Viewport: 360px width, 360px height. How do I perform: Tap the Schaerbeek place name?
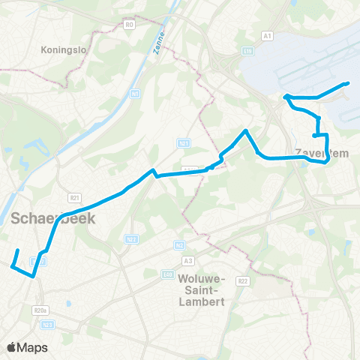(44, 218)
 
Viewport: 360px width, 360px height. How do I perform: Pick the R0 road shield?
(129, 25)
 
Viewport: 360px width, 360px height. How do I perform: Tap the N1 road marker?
(136, 93)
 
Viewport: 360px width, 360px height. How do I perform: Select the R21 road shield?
(73, 197)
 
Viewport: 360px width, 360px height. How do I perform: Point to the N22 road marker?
(130, 238)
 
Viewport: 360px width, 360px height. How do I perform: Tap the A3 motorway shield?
(187, 261)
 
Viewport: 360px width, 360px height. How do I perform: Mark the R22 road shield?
(242, 281)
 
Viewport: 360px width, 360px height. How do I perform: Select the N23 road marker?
(49, 324)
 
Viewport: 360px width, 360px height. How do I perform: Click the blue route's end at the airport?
(349, 83)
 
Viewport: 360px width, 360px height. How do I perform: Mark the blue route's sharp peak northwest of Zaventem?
(244, 131)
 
